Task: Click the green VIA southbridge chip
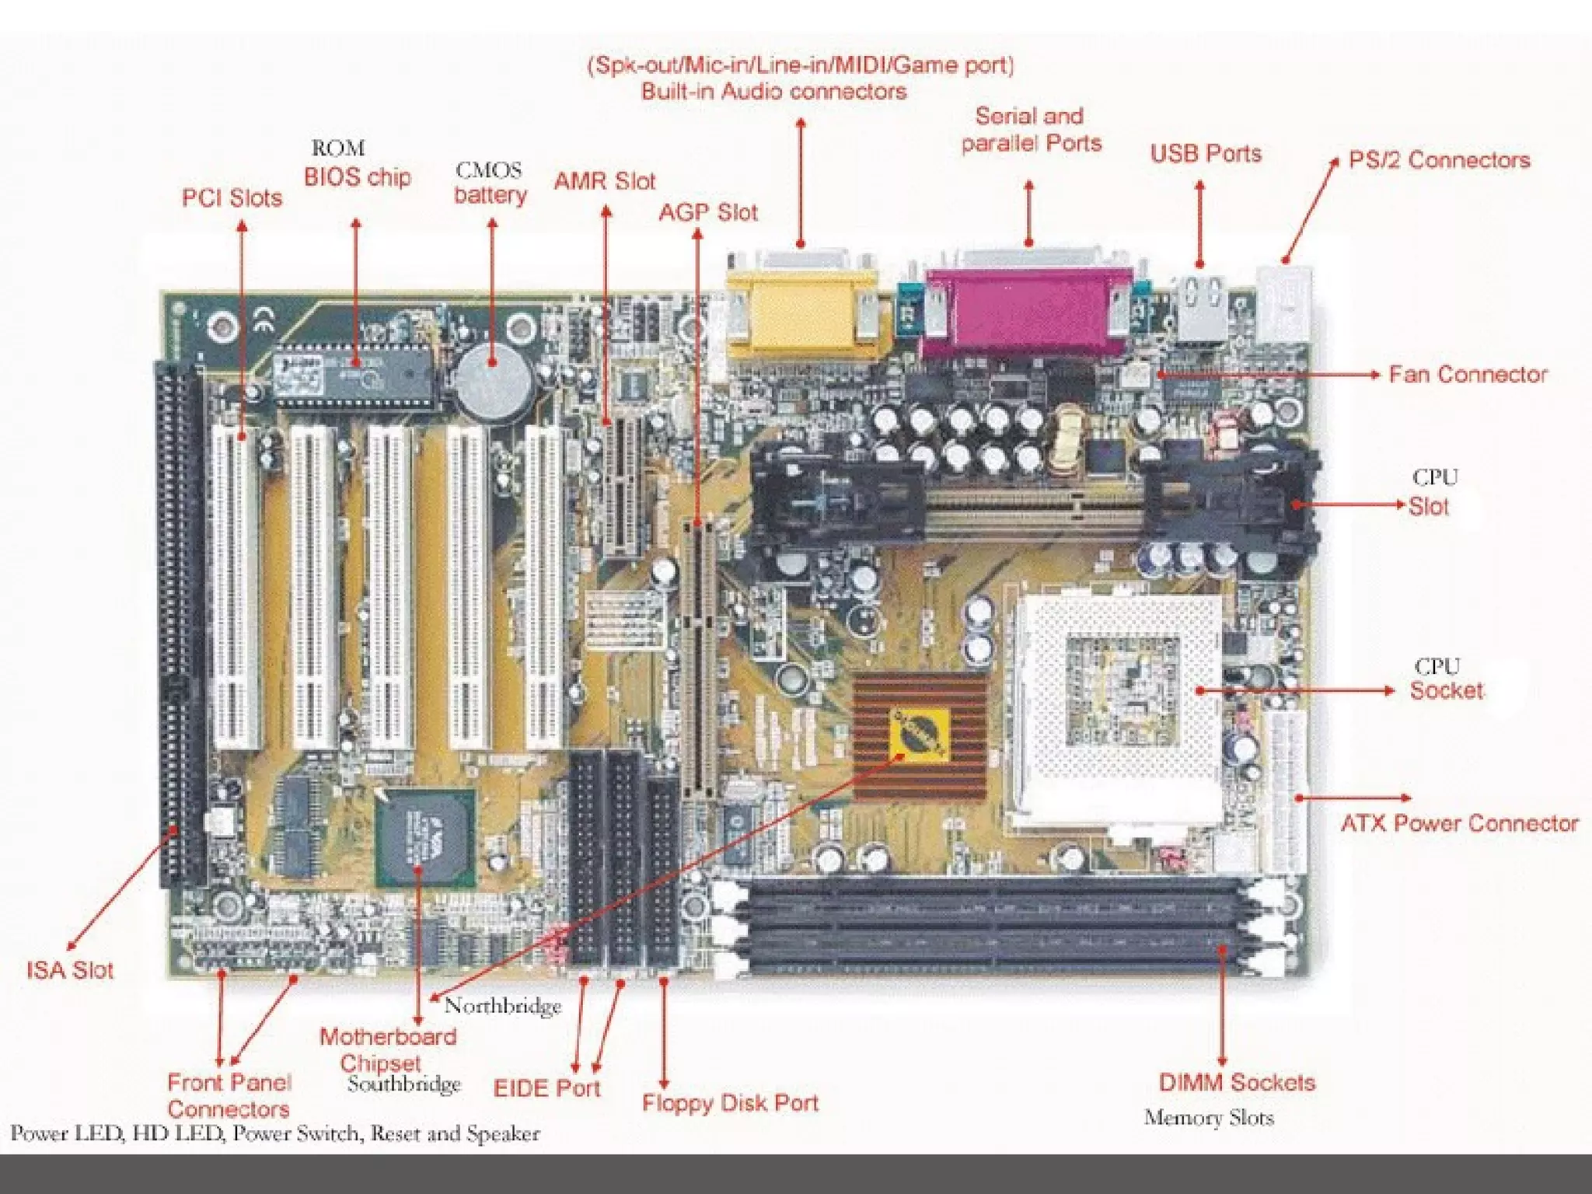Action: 425,838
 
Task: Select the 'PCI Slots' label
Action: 232,198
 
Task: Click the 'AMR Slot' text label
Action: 605,182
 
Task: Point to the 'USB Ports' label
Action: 1206,153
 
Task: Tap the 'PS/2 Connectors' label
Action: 1439,160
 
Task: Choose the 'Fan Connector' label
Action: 1468,375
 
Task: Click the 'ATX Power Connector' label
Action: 1459,823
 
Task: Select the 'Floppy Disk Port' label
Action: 730,1103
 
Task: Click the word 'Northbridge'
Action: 503,1007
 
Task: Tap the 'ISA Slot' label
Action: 70,970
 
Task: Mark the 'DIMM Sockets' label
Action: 1237,1083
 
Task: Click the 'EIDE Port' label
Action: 547,1088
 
